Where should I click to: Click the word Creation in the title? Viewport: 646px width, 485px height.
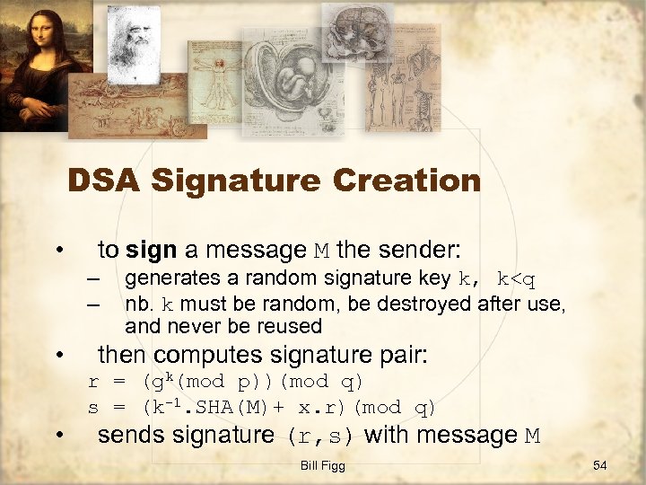[406, 181]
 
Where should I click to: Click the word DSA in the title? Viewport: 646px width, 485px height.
[106, 181]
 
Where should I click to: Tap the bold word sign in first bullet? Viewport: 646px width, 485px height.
[152, 249]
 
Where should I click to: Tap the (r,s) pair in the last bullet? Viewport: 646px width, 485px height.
[320, 436]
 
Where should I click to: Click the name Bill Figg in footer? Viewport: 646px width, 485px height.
[323, 466]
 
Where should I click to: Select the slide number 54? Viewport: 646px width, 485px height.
[600, 465]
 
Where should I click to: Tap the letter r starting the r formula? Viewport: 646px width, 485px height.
[93, 383]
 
